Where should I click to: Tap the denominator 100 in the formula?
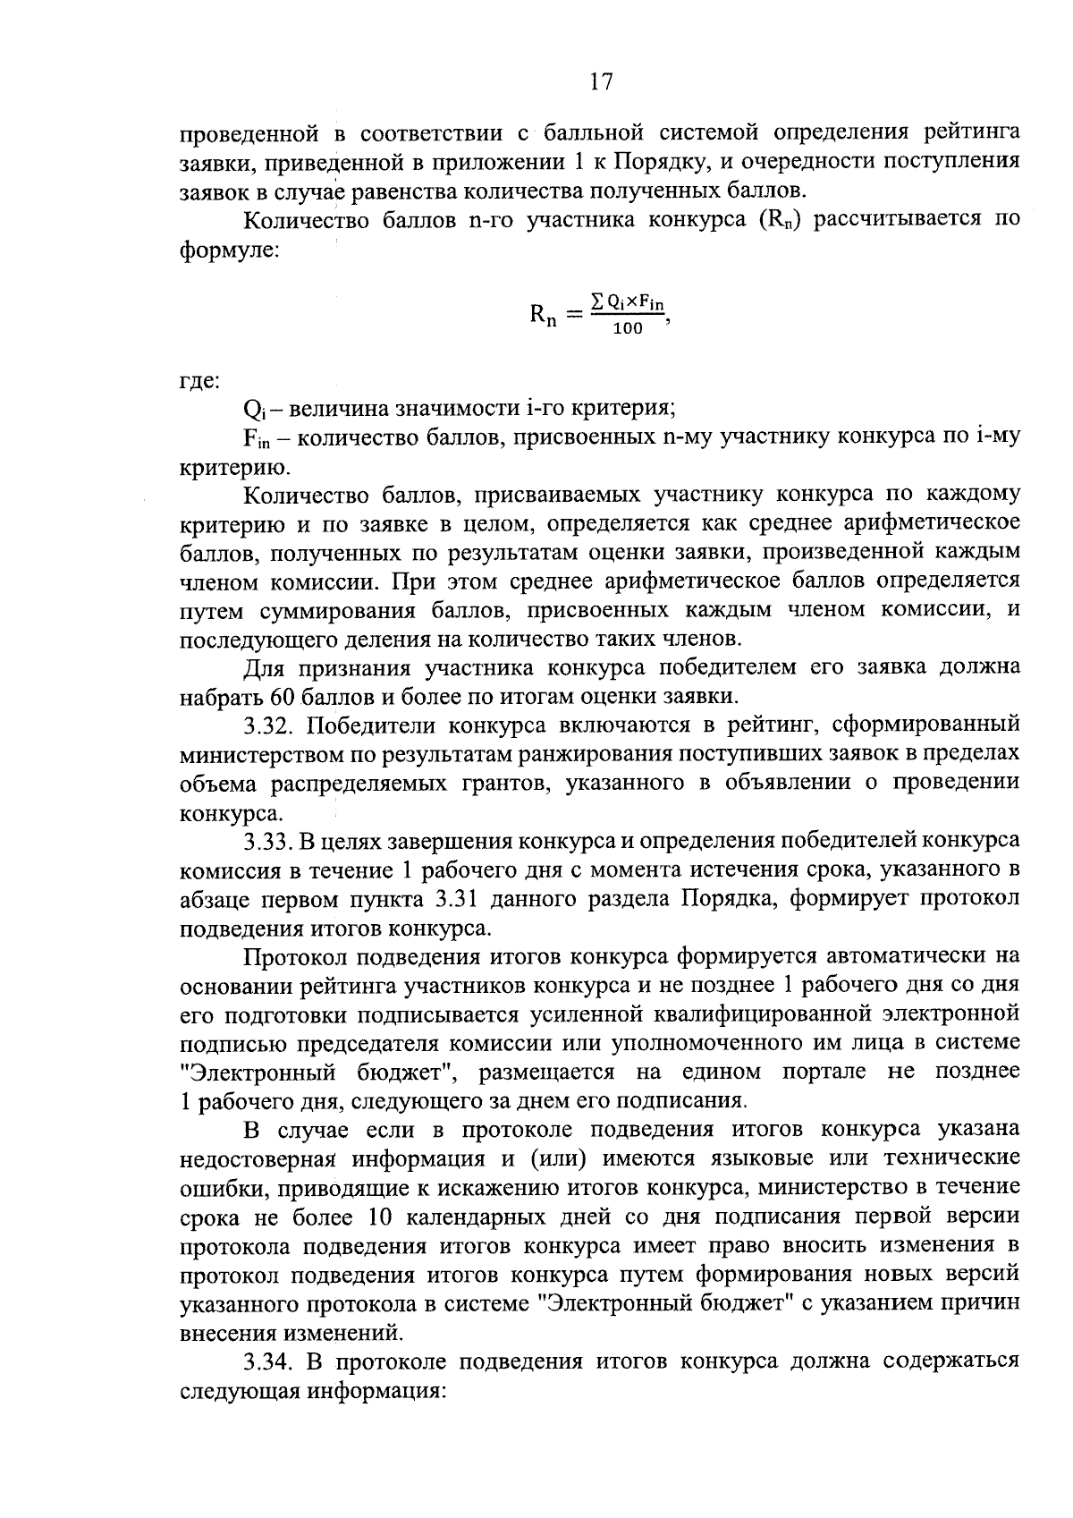click(629, 329)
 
